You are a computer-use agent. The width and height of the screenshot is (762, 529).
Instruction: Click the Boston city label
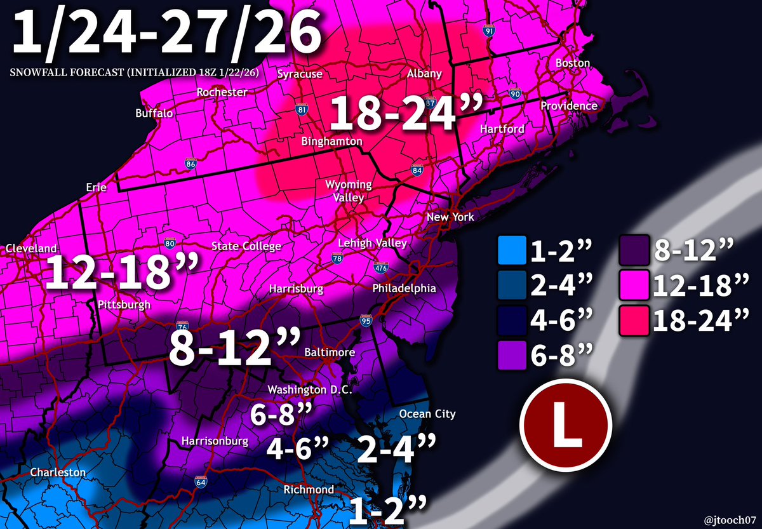[573, 63]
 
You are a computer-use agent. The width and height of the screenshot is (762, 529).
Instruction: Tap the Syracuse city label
[300, 74]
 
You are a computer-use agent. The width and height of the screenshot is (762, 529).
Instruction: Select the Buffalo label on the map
[154, 114]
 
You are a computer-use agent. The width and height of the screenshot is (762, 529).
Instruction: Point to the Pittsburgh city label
[124, 305]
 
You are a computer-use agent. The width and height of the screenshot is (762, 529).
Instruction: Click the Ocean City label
[427, 414]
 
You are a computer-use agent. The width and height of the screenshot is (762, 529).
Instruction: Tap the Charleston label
[58, 472]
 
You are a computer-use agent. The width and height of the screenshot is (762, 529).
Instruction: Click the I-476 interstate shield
[382, 269]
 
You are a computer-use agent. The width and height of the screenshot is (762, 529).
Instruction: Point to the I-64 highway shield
[200, 483]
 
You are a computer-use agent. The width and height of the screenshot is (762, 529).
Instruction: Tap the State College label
[246, 246]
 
